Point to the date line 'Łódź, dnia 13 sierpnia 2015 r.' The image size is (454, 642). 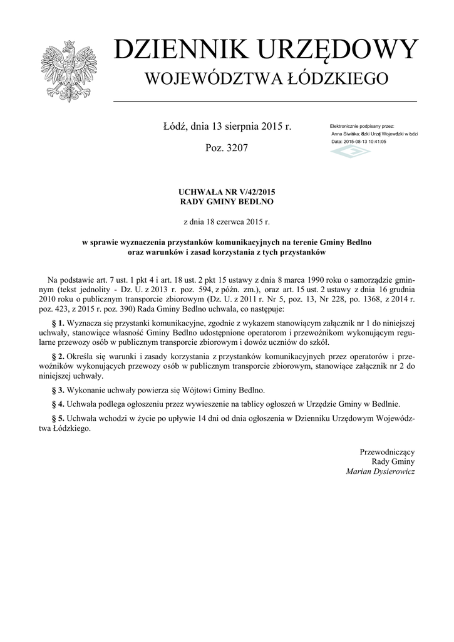[x=227, y=127]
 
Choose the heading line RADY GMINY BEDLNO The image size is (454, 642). [x=227, y=202]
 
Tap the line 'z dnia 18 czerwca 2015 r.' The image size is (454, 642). [x=227, y=221]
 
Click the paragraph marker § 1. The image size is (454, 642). [x=62, y=324]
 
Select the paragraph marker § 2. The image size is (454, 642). [x=62, y=356]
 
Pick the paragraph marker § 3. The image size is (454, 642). [x=62, y=389]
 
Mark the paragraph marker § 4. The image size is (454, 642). [x=62, y=404]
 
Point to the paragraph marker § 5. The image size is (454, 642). [x=62, y=418]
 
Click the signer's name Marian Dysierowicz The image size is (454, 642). [x=380, y=471]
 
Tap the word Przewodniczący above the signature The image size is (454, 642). [x=387, y=451]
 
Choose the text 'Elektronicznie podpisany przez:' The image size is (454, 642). [x=361, y=126]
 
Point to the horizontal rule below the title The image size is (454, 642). [x=265, y=101]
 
